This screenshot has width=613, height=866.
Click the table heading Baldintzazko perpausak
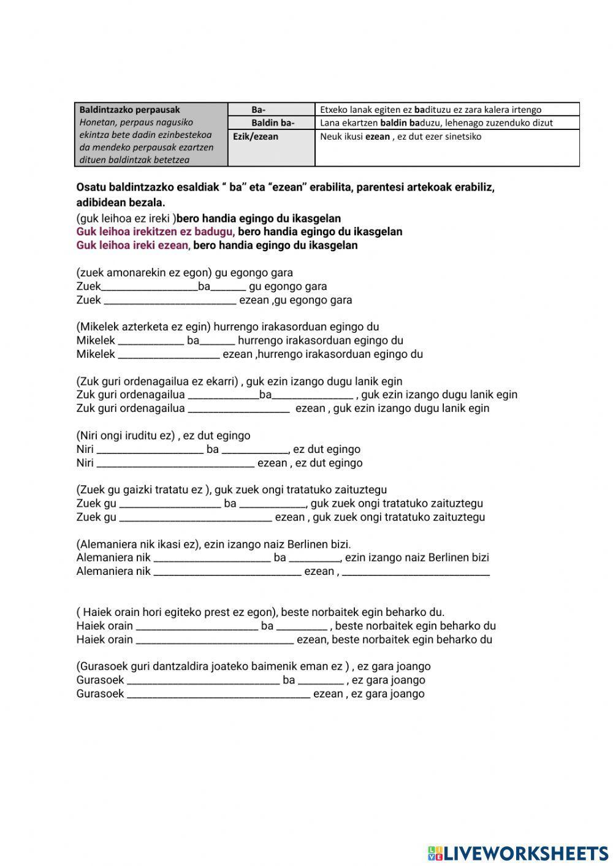129,110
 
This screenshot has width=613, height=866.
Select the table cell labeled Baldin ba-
272,123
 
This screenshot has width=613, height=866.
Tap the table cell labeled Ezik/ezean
255,137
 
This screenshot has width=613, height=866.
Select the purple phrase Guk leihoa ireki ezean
132,245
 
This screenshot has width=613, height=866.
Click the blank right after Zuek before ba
149,287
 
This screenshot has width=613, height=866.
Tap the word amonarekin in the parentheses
137,273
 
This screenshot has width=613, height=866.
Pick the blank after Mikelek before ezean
168,355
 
